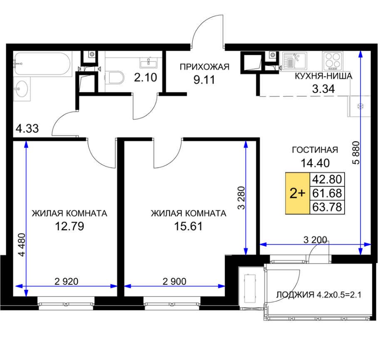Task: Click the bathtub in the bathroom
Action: click(x=42, y=64)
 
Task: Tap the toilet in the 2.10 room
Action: click(x=115, y=78)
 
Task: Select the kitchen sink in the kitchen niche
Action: click(x=295, y=61)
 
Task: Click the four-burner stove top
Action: click(x=332, y=60)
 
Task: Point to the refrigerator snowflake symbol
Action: click(x=360, y=106)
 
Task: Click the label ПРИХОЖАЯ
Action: click(x=204, y=67)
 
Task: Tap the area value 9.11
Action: click(x=204, y=80)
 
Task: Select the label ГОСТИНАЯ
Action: click(x=315, y=150)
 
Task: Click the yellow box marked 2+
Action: click(x=298, y=193)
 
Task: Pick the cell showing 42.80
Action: click(x=327, y=180)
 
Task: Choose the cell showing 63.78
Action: click(x=327, y=207)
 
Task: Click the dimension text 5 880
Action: click(x=356, y=153)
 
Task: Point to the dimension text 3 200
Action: click(x=315, y=240)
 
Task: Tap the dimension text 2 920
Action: click(x=67, y=281)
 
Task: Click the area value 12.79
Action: click(x=69, y=227)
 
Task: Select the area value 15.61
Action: click(x=189, y=227)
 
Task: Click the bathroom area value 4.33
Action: click(x=27, y=128)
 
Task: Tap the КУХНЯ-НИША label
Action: click(x=323, y=76)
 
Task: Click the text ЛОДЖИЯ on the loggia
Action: click(x=295, y=295)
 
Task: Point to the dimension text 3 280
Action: click(x=241, y=198)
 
